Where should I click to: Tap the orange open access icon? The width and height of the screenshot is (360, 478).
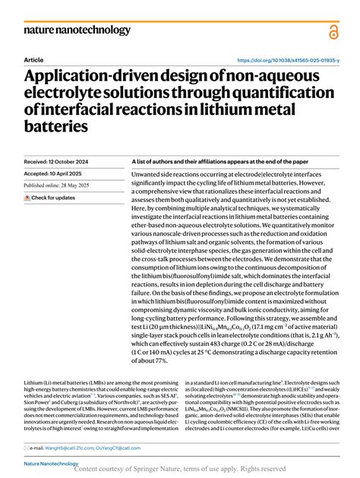point(333,31)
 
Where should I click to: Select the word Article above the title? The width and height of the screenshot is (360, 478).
point(33,59)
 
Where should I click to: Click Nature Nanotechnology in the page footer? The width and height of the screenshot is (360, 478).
point(51,463)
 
